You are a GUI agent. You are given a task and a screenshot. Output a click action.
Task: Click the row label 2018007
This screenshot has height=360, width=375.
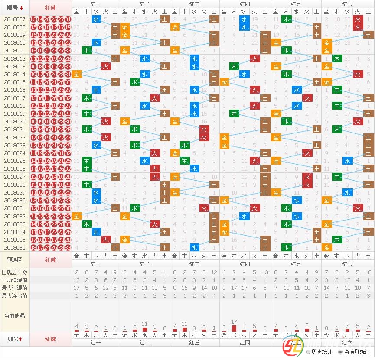tap(15, 19)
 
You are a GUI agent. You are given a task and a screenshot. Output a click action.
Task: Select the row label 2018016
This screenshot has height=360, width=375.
tap(15, 90)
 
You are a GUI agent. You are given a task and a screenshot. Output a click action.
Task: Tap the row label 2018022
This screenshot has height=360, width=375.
tap(15, 137)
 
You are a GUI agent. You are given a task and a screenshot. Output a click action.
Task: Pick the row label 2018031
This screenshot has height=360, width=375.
tap(15, 208)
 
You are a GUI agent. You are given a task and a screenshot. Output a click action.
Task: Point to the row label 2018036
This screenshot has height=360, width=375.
tap(15, 248)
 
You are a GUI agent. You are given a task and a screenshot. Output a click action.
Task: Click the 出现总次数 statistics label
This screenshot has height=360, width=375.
tap(15, 272)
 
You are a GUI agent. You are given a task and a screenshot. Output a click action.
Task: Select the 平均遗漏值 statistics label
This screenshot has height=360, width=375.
tap(15, 280)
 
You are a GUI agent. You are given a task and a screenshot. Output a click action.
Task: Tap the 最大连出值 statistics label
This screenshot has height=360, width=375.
tap(15, 296)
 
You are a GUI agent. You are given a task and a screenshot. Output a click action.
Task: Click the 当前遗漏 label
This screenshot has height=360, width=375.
tap(15, 315)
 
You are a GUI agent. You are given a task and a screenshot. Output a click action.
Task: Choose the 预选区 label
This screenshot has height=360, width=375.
tap(15, 260)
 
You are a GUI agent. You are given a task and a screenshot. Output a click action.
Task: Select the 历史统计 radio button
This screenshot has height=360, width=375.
tap(308, 352)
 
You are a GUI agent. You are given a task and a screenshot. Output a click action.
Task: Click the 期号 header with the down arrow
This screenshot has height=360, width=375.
tap(15, 7)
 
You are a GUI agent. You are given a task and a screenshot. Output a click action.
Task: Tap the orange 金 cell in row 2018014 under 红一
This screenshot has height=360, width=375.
tap(77, 75)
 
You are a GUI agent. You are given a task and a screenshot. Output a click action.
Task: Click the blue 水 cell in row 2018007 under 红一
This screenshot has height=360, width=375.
tap(96, 19)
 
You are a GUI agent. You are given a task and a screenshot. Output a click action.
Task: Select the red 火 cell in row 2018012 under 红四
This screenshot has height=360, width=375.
tap(254, 58)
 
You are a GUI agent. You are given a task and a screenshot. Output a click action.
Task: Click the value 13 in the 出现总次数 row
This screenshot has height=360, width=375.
tap(265, 272)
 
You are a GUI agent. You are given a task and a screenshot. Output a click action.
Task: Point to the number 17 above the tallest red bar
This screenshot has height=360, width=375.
tap(234, 322)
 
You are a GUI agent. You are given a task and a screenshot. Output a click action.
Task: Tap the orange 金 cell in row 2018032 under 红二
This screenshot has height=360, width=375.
tap(125, 216)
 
